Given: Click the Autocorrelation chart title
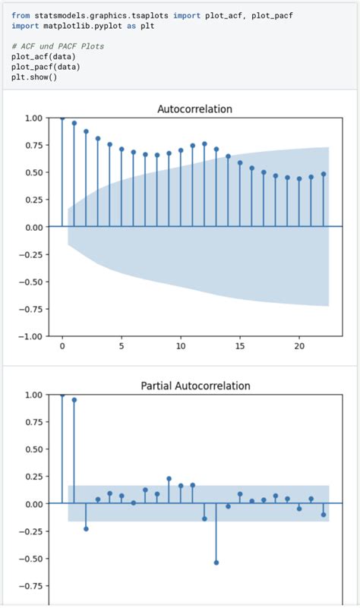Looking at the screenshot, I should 194,109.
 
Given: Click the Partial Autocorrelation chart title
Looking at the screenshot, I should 194,386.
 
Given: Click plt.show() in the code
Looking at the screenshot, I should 34,77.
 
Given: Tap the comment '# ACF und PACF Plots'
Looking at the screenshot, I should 58,46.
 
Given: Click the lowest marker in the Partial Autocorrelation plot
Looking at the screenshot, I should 216,562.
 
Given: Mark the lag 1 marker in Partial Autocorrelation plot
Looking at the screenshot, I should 74,400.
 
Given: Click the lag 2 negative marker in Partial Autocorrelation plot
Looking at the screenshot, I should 86,528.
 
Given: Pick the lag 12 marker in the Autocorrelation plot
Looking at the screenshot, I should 204,143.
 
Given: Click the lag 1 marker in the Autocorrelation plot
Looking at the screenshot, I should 74,123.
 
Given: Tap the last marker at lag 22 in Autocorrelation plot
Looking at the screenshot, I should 323,174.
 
